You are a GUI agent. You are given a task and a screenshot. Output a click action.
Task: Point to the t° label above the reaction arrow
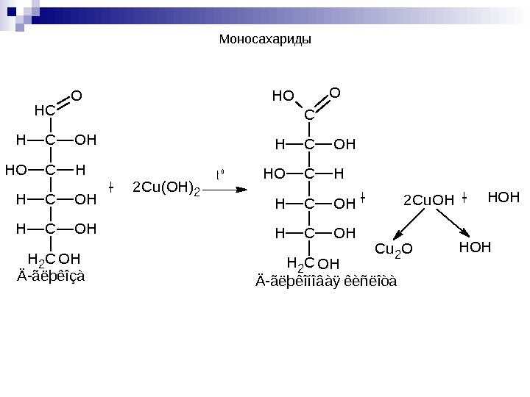tap(220, 175)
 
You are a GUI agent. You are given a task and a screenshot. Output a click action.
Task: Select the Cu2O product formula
tap(395, 249)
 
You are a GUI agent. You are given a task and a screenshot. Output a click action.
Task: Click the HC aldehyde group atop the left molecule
tap(45, 110)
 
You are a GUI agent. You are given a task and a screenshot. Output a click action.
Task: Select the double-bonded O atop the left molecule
tap(77, 95)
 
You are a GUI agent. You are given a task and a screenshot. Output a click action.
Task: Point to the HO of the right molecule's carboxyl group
tap(283, 96)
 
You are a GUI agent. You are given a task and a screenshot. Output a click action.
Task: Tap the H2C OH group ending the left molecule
tap(53, 260)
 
